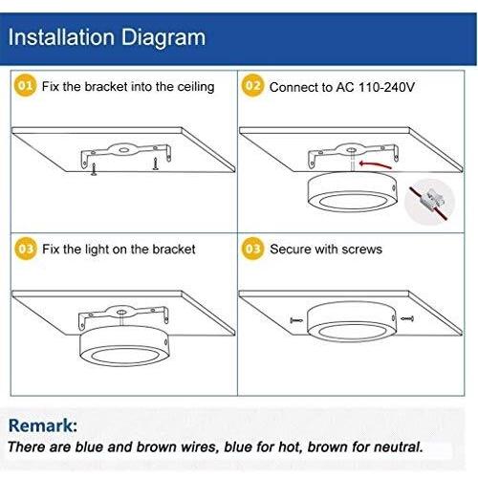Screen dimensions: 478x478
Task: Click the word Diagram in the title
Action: [x=163, y=38]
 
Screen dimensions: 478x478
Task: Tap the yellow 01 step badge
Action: [x=26, y=85]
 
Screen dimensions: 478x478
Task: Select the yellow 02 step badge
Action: [x=252, y=85]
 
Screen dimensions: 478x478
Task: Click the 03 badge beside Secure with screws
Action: [x=252, y=249]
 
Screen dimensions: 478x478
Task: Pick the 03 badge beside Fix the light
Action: [x=26, y=249]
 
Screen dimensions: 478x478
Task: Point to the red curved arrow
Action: [x=375, y=164]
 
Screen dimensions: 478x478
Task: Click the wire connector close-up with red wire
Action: [x=429, y=202]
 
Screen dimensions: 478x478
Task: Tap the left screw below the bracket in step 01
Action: [x=94, y=169]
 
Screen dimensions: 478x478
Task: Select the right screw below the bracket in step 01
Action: [x=155, y=163]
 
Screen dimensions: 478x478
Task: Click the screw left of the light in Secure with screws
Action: [x=296, y=320]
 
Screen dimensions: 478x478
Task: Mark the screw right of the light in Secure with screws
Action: [x=407, y=318]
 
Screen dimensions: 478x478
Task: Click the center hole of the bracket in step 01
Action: [x=123, y=149]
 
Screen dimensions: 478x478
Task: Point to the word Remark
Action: [x=42, y=425]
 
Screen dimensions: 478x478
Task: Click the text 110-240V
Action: [x=386, y=87]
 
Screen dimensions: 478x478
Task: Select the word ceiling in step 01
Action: [x=196, y=87]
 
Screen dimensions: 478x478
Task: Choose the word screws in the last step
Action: [x=361, y=250]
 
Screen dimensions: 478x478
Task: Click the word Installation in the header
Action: [x=61, y=37]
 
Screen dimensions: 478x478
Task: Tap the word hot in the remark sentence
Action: [x=290, y=446]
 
